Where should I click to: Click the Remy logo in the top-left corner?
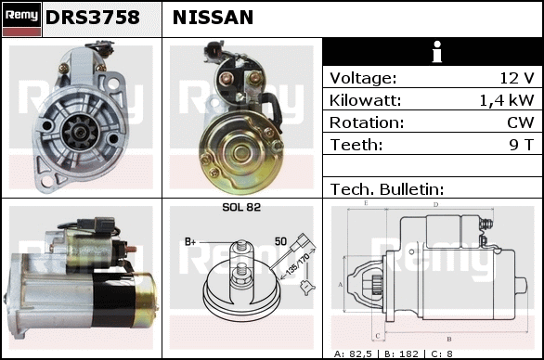22,19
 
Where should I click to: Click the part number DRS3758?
93,18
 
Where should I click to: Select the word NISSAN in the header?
213,18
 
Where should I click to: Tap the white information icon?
437,52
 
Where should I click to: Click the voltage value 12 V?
516,78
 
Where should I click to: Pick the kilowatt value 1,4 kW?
507,100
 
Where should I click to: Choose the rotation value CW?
521,122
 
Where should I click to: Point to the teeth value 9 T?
522,145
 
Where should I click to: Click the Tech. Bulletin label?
387,189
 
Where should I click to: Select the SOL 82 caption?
241,207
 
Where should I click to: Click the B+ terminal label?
190,242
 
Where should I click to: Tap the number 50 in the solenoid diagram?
280,241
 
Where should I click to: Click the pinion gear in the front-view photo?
81,132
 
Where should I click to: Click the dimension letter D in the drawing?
435,205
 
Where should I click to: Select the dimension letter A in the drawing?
341,285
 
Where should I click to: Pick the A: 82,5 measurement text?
353,354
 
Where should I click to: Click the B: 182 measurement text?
401,354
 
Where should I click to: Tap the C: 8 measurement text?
442,354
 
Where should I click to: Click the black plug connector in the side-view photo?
96,224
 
